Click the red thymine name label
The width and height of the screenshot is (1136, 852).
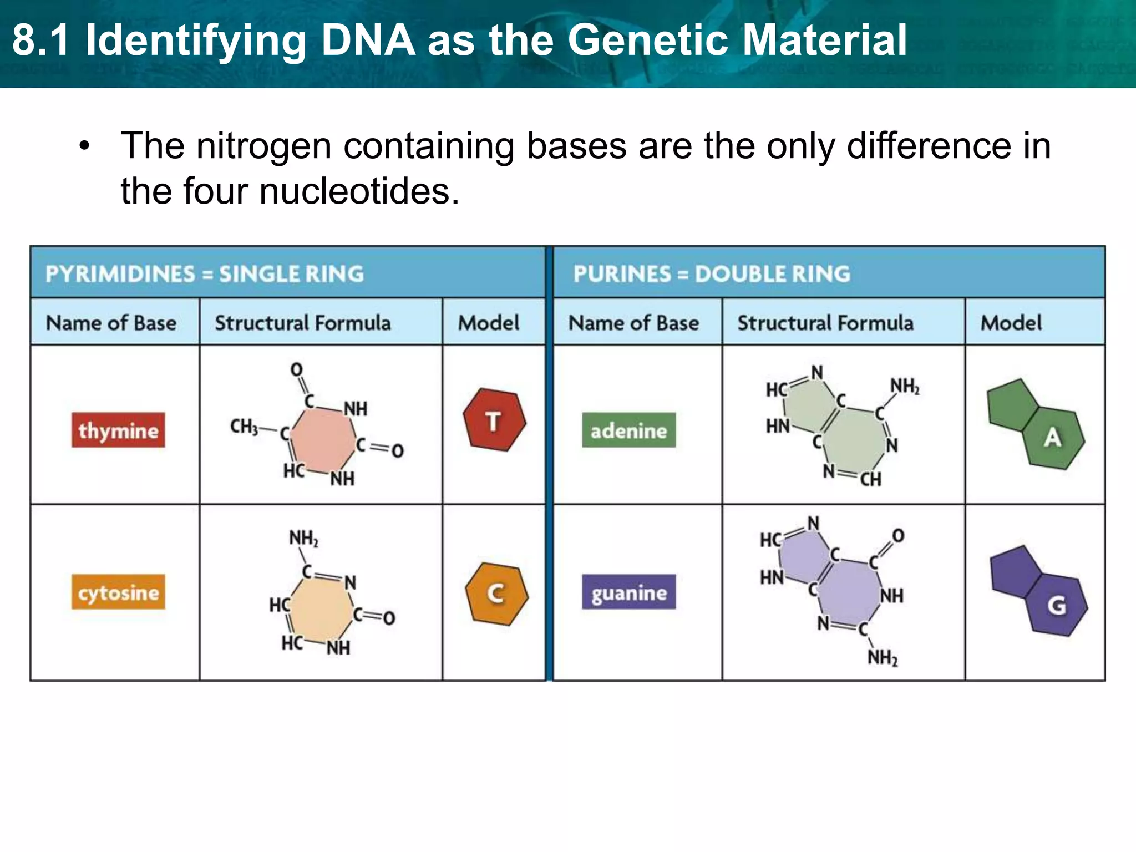(x=118, y=430)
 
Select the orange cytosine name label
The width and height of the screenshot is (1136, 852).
(x=118, y=592)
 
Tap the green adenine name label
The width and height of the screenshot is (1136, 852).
(x=628, y=430)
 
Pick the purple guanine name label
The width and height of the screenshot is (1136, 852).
(x=628, y=592)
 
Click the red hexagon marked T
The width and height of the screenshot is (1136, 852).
(x=494, y=420)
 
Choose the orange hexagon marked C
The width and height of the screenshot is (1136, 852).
(x=496, y=594)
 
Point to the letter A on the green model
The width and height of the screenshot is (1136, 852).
(x=1052, y=438)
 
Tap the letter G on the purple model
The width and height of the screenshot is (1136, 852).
(x=1056, y=605)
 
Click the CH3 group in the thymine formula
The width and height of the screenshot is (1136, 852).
(x=244, y=427)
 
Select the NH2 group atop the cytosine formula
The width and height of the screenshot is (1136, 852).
(x=303, y=538)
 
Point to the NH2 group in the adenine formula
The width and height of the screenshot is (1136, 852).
(x=905, y=386)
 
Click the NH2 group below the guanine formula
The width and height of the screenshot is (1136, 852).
(x=883, y=658)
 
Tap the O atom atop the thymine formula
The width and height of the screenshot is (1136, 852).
(x=297, y=369)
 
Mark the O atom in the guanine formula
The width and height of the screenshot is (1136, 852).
(x=898, y=535)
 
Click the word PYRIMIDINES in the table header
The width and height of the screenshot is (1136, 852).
(x=120, y=274)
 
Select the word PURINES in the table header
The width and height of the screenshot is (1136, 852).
(x=622, y=274)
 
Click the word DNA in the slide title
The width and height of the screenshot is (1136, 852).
(x=368, y=40)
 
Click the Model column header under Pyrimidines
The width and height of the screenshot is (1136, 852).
(x=489, y=323)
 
